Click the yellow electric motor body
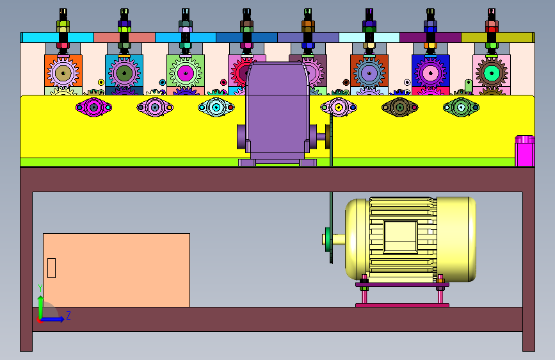click(410, 239)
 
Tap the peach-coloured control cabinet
click(117, 270)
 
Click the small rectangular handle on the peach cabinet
click(51, 268)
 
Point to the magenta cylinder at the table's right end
click(524, 151)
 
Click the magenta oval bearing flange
click(93, 107)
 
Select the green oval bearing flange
click(461, 107)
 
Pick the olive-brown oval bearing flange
click(399, 107)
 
